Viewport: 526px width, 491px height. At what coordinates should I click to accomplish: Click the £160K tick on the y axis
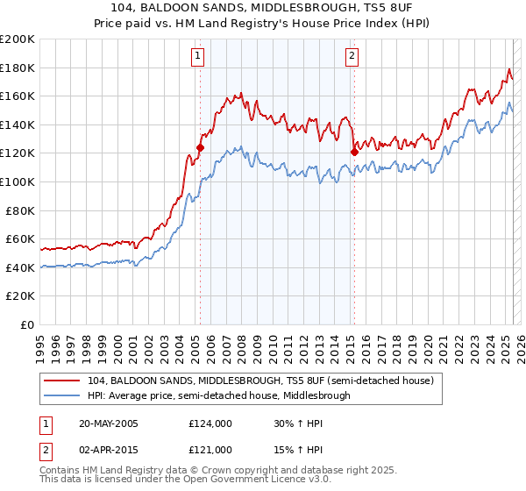click(x=18, y=96)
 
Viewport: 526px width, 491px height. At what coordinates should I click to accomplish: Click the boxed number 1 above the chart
click(x=198, y=56)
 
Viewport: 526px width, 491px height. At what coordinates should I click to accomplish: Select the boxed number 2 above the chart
click(x=352, y=56)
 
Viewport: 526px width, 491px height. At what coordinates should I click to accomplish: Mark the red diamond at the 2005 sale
click(x=200, y=148)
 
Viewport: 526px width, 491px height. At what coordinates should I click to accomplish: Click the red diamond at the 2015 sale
click(x=354, y=152)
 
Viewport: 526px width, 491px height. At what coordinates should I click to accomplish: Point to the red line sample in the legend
click(x=63, y=381)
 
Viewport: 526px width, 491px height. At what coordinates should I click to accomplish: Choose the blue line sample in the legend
click(x=63, y=395)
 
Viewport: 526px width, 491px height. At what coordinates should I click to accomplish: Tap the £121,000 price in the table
click(x=210, y=449)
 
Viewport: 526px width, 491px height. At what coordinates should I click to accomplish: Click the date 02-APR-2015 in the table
click(x=108, y=449)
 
